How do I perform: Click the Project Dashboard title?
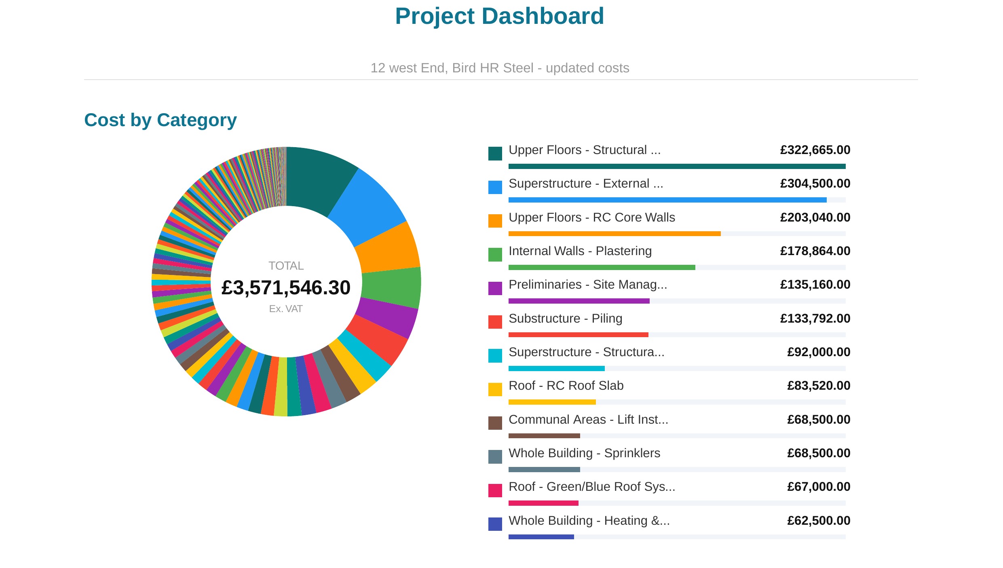(x=499, y=16)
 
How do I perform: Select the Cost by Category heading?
(x=160, y=120)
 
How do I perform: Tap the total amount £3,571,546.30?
(x=286, y=288)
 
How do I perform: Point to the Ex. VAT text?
(x=286, y=309)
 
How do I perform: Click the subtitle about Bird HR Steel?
(x=500, y=68)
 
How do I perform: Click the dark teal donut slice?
(x=317, y=178)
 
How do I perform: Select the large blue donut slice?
(x=370, y=206)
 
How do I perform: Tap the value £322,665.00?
(x=815, y=150)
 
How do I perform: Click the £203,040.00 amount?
(x=815, y=217)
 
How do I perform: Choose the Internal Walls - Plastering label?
(x=580, y=251)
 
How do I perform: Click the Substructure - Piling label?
(x=565, y=319)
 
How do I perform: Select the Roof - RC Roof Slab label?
(x=566, y=386)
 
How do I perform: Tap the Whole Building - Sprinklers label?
(x=584, y=453)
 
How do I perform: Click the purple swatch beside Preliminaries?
(x=495, y=288)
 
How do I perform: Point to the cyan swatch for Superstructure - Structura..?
(x=495, y=356)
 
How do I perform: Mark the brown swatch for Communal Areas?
(x=495, y=423)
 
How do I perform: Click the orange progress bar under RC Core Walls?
(x=614, y=234)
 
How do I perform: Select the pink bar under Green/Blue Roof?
(x=543, y=503)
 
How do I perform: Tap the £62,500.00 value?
(x=819, y=521)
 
